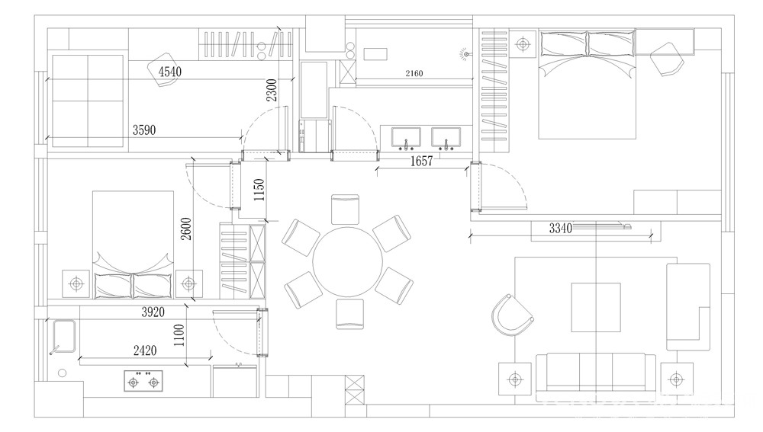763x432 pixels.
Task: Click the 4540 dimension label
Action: pos(170,72)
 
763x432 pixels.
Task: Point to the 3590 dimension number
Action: pos(144,130)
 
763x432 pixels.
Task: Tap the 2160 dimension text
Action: pos(414,73)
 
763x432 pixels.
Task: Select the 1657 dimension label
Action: pos(421,162)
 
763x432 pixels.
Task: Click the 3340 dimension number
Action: pos(561,228)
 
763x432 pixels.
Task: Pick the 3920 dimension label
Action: pos(153,312)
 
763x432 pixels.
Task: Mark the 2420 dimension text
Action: pos(145,350)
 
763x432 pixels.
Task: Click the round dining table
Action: pos(347,262)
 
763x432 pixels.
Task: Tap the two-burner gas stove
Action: pos(143,382)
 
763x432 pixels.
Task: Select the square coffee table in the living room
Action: pos(596,307)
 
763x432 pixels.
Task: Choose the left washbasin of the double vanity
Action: pos(407,137)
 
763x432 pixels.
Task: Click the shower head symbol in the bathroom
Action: pos(465,54)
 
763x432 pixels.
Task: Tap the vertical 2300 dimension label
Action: pos(272,91)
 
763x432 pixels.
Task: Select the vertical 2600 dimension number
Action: pos(186,229)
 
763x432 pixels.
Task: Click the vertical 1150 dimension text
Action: pos(259,190)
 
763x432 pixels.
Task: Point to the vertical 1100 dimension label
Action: pos(179,335)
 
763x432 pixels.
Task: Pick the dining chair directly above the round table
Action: pos(345,209)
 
